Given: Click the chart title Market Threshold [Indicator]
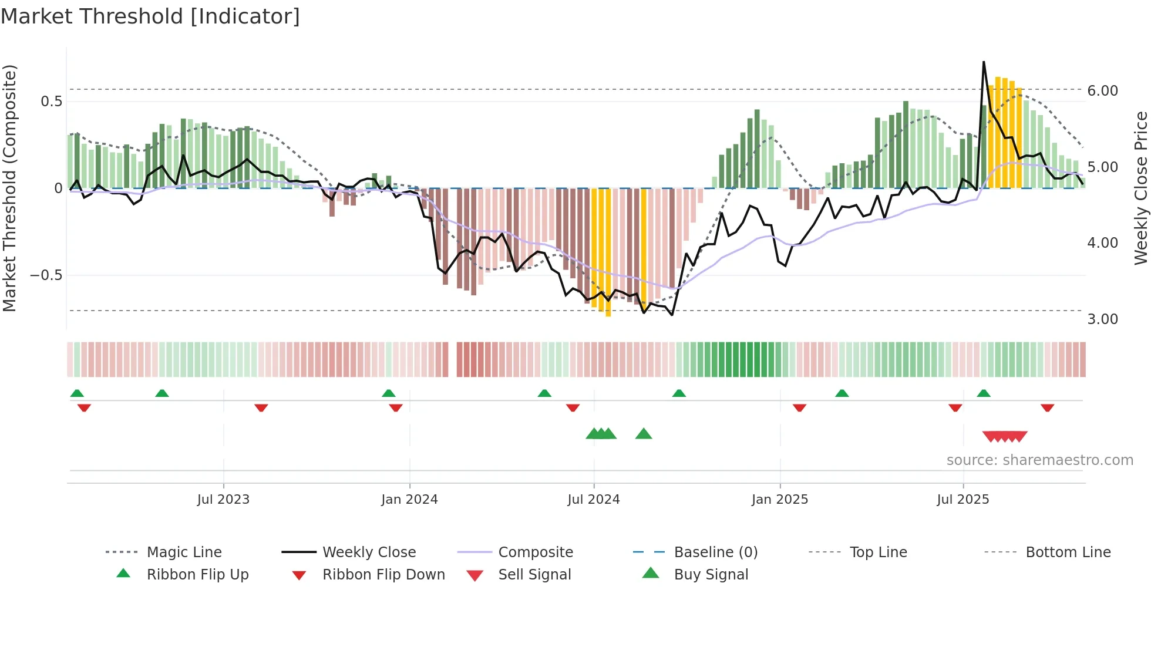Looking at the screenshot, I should pyautogui.click(x=150, y=16).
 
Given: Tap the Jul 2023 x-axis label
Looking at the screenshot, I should pyautogui.click(x=223, y=500).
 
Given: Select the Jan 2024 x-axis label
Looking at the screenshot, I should pyautogui.click(x=409, y=500).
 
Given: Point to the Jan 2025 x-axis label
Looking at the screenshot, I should pyautogui.click(x=780, y=500).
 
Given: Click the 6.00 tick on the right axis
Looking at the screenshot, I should pyautogui.click(x=1102, y=90).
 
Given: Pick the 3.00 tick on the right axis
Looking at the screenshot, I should pyautogui.click(x=1102, y=319).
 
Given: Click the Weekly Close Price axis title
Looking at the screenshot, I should pyautogui.click(x=1140, y=188).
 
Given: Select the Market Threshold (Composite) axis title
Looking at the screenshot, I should pyautogui.click(x=9, y=188).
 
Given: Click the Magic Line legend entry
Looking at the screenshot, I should pyautogui.click(x=184, y=552).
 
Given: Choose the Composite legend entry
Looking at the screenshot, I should pyautogui.click(x=535, y=552).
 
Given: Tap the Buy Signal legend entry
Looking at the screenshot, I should pyautogui.click(x=711, y=575).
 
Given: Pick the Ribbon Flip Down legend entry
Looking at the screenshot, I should pyautogui.click(x=383, y=575).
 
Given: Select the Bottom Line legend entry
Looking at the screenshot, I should pyautogui.click(x=1068, y=552).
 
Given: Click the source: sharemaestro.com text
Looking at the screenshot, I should pyautogui.click(x=1039, y=460).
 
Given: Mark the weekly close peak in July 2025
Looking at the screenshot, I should pyautogui.click(x=984, y=62).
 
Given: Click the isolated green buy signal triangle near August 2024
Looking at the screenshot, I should pyautogui.click(x=644, y=434).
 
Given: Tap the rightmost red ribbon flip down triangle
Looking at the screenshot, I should pyautogui.click(x=1047, y=407).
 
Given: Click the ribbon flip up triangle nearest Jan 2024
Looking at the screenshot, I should pyautogui.click(x=388, y=393).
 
